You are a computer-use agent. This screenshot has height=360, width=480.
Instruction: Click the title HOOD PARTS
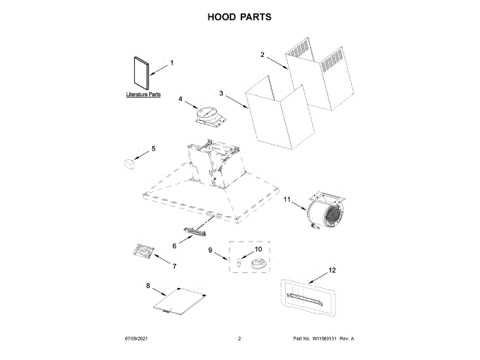(x=239, y=16)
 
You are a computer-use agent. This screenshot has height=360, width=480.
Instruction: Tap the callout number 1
(x=171, y=63)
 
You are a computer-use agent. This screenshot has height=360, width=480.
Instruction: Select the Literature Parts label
(x=142, y=95)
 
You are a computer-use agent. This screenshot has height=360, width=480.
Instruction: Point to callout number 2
(x=262, y=55)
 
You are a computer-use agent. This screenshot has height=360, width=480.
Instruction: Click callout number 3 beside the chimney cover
(x=221, y=93)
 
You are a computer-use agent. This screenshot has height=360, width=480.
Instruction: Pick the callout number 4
(x=181, y=98)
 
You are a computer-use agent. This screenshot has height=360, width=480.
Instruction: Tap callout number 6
(x=175, y=245)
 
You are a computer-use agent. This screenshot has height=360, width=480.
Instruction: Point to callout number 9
(x=211, y=250)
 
